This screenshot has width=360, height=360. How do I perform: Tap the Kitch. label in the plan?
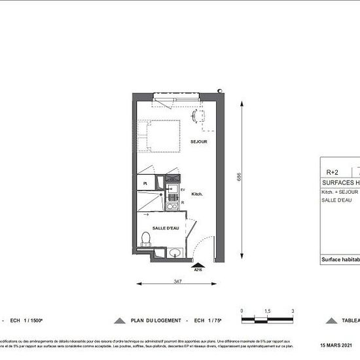pos(198,194)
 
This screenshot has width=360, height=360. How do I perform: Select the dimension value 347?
pos(178,280)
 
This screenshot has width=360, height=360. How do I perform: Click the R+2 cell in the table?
pos(333,172)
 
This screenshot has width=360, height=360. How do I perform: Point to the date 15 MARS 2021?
pos(336,345)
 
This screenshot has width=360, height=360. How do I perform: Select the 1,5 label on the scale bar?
pos(267,312)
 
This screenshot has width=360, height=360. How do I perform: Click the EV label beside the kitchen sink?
pos(183,189)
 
